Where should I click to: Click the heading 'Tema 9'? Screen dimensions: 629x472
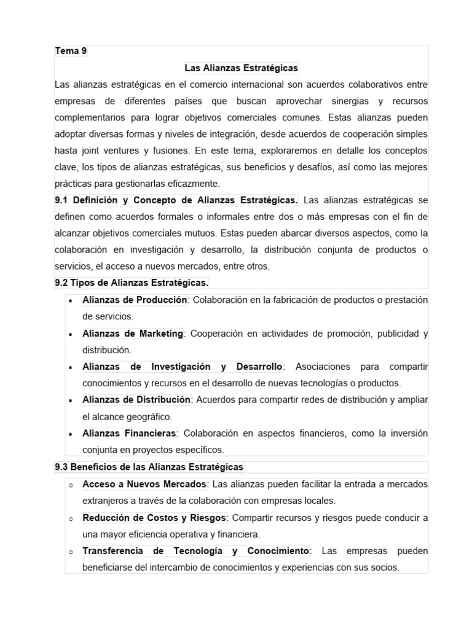point(71,52)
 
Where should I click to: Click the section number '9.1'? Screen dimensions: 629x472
point(63,200)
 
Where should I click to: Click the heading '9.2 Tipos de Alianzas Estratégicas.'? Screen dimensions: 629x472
point(132,283)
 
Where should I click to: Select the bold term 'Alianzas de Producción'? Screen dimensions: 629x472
point(135,300)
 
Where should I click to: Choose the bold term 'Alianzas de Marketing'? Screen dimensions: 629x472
point(133,334)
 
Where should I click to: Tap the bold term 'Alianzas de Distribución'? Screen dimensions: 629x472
point(136,400)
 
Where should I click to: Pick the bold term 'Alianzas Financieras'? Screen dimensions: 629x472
point(129,433)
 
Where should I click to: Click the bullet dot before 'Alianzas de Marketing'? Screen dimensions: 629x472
point(71,334)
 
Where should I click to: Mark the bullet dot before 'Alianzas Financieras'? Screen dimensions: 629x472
point(71,434)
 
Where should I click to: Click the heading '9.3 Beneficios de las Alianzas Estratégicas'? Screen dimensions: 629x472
point(149,467)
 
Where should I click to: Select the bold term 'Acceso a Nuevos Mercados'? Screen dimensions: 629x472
point(145,485)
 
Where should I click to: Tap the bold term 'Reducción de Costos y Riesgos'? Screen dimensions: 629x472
point(154,518)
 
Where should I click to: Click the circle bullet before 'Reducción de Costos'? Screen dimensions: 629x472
point(71,518)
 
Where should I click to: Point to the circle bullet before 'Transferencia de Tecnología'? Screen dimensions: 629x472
point(71,552)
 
